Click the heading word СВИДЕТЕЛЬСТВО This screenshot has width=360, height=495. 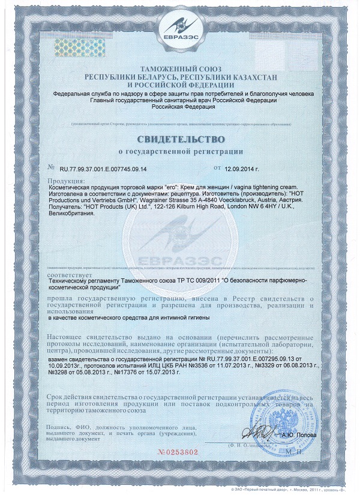[x=180, y=139]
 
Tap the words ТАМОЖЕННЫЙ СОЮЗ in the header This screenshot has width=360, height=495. [x=180, y=71]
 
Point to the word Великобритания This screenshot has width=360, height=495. [x=71, y=213]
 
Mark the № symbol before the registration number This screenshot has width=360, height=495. [x=50, y=170]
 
